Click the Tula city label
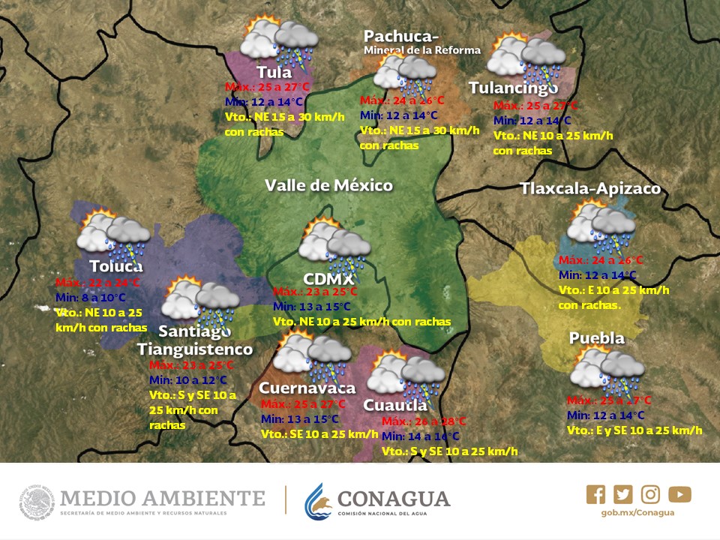coord(274,73)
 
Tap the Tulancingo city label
coord(513,88)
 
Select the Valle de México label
coord(328,185)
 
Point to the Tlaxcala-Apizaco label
coord(590,188)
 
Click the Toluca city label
coord(115,266)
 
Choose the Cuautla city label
coord(395,406)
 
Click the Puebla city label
coord(596,338)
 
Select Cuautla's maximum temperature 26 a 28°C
coord(424,421)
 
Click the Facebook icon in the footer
coord(595,494)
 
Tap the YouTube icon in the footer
coord(679,494)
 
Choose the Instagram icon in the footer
coord(651,494)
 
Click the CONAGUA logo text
coord(394,499)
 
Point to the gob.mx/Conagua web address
coord(638,513)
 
